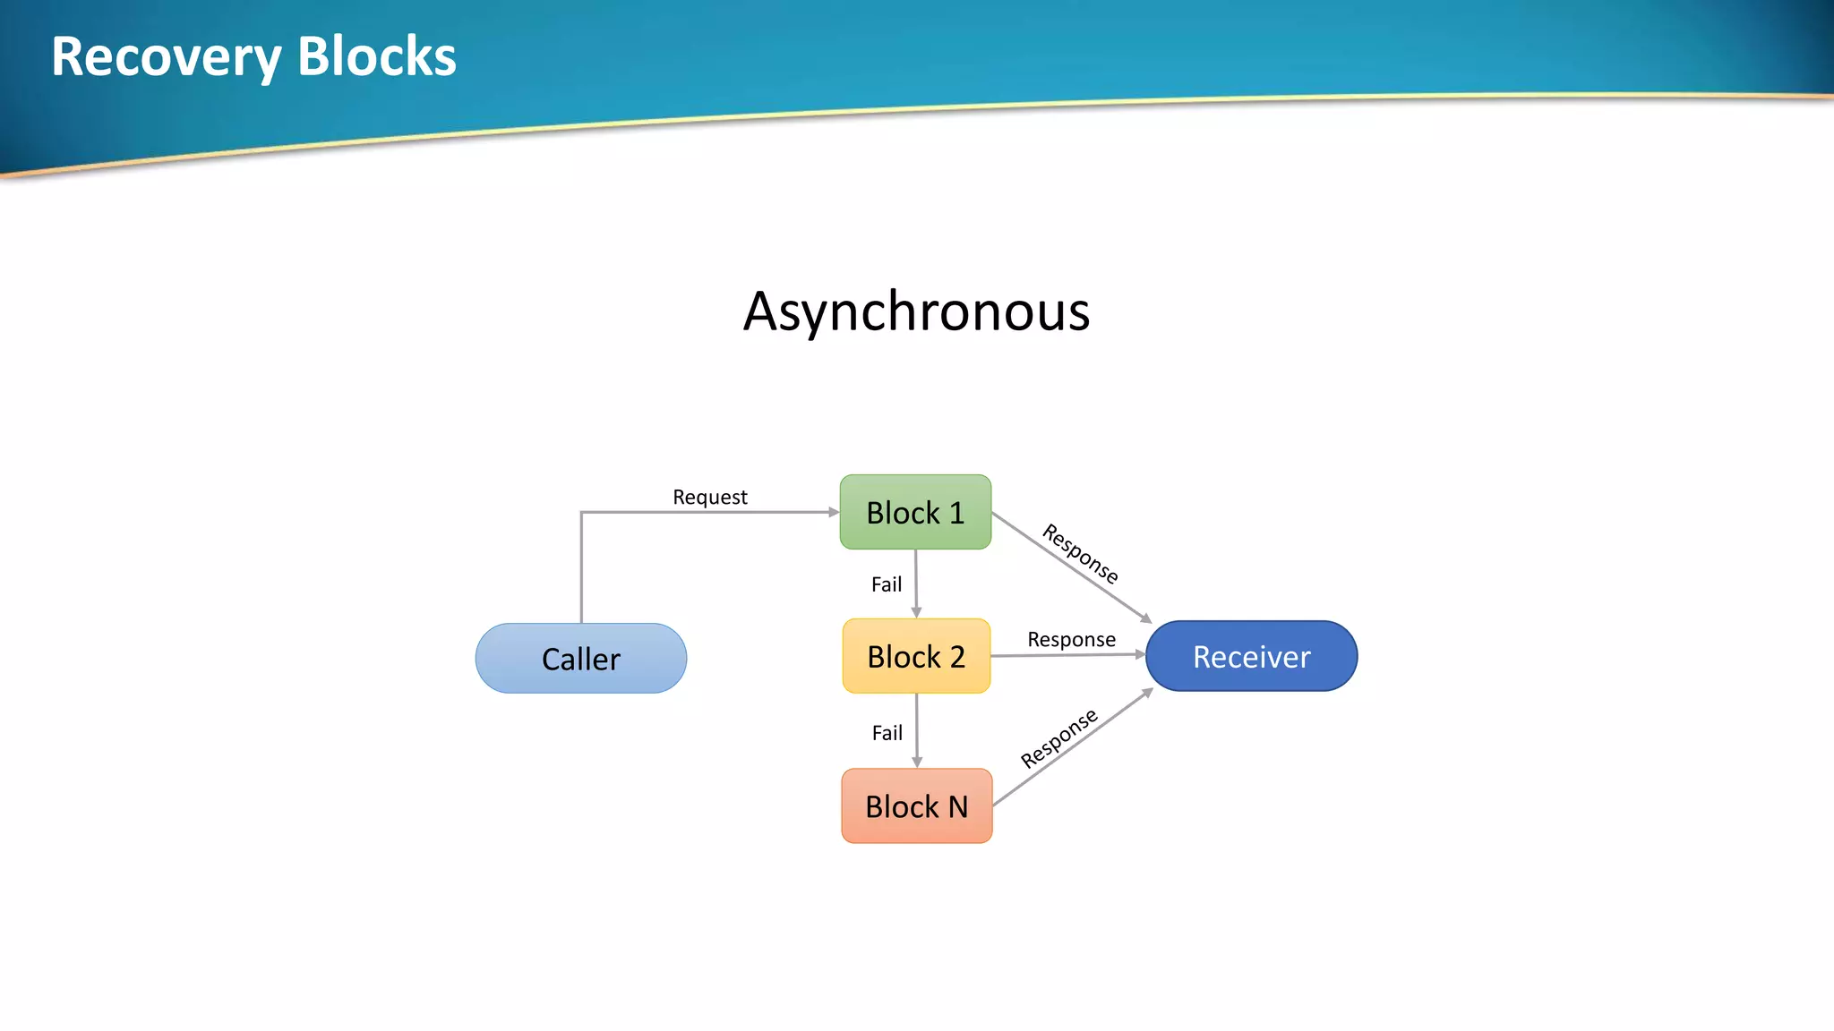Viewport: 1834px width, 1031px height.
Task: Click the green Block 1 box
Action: tap(915, 512)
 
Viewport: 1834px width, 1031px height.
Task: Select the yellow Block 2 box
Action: tap(916, 656)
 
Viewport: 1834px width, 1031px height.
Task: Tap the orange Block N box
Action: tap(916, 805)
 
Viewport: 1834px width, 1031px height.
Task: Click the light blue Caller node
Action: tap(580, 659)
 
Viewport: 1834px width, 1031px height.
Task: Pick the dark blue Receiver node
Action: tap(1251, 656)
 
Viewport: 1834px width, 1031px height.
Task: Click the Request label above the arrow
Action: tap(709, 497)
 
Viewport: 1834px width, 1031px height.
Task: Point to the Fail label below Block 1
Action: tap(887, 584)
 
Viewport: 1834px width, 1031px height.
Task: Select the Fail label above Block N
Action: tap(887, 733)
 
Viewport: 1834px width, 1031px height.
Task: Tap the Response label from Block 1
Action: tap(1080, 553)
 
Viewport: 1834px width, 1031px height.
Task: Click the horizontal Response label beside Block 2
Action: tap(1071, 639)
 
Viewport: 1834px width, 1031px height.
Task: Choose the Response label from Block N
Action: tap(1058, 738)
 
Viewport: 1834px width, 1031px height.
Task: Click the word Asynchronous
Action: tap(916, 311)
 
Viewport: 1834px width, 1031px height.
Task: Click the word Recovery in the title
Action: tap(166, 57)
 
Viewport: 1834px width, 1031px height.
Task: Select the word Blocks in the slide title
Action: tap(376, 56)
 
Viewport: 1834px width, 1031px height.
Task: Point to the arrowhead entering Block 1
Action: tap(834, 512)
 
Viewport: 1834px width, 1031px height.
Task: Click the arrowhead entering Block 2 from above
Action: tap(916, 613)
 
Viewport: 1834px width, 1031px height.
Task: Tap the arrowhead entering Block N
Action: tap(917, 763)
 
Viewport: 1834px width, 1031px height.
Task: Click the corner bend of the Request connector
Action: tap(582, 513)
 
